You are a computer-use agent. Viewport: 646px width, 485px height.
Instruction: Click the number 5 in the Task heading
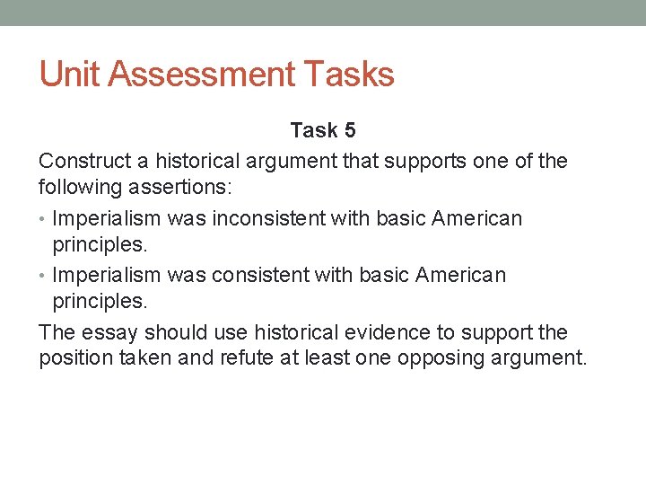[348, 130]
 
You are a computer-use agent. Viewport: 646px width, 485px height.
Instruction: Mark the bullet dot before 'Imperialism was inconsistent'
[43, 219]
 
